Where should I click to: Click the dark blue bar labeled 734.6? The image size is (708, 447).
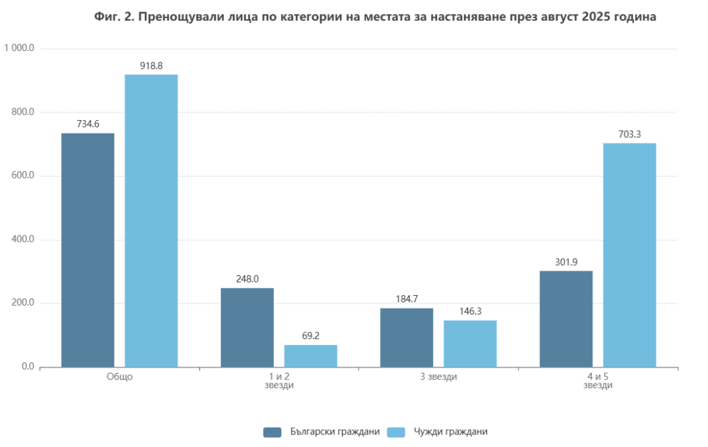pos(88,250)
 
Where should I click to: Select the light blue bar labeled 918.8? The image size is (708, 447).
pos(151,221)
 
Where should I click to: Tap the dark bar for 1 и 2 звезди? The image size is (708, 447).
pos(247,328)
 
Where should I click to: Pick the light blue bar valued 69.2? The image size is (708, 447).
pos(310,356)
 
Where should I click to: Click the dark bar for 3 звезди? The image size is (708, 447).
pos(406,338)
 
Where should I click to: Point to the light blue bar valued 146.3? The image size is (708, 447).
pos(470,344)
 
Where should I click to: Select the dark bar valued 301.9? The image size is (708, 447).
pos(565,319)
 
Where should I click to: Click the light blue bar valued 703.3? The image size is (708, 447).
pos(629,255)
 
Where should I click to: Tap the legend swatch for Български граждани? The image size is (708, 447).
pos(272,432)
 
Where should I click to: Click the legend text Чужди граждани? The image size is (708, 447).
pos(450,432)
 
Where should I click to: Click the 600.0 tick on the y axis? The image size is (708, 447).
pos(23,176)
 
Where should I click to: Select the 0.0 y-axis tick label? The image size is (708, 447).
pos(27,366)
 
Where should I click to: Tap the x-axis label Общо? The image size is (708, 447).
pos(119,377)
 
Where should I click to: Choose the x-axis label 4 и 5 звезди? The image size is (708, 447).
pos(597,381)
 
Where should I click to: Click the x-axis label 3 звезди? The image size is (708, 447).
pos(438,377)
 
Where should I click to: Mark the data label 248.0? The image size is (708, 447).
pos(247,279)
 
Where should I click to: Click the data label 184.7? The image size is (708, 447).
pos(406,299)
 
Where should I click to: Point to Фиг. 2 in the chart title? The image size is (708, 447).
pos(114,17)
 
